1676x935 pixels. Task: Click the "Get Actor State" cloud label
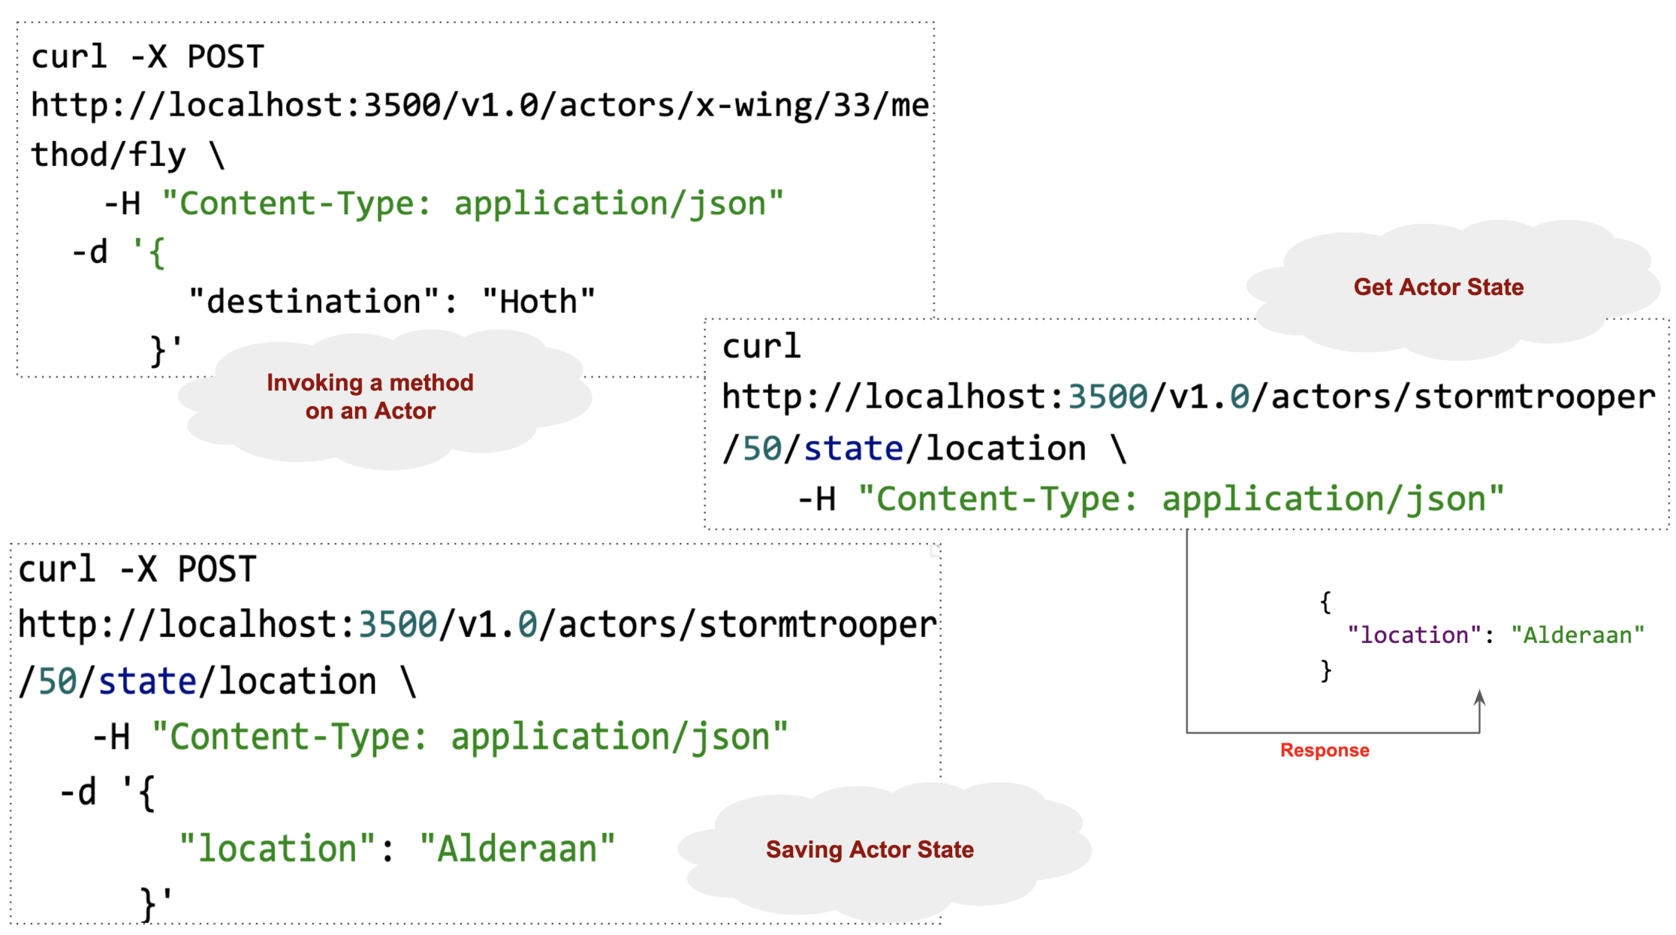coord(1438,287)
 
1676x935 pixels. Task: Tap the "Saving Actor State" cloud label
coord(870,849)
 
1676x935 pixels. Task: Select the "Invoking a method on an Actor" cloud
coord(370,397)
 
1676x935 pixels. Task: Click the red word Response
coord(1325,750)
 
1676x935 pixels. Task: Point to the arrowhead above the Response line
coord(1479,698)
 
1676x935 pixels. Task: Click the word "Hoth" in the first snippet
coord(538,302)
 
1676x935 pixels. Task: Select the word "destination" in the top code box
coord(314,302)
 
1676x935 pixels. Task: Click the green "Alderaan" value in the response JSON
coord(1577,635)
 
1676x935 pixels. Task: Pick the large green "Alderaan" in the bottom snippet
coord(517,849)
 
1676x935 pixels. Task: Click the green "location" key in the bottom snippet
coord(277,849)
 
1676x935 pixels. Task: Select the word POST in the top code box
coord(225,57)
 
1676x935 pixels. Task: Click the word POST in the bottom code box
coord(217,569)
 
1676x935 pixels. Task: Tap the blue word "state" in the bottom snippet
coord(147,682)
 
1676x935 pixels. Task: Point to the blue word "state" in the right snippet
coord(853,449)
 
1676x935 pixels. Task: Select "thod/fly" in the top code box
coord(108,155)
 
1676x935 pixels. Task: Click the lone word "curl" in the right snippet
coord(761,347)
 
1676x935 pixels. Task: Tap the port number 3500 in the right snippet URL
coord(1108,397)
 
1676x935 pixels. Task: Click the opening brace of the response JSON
coord(1325,602)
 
